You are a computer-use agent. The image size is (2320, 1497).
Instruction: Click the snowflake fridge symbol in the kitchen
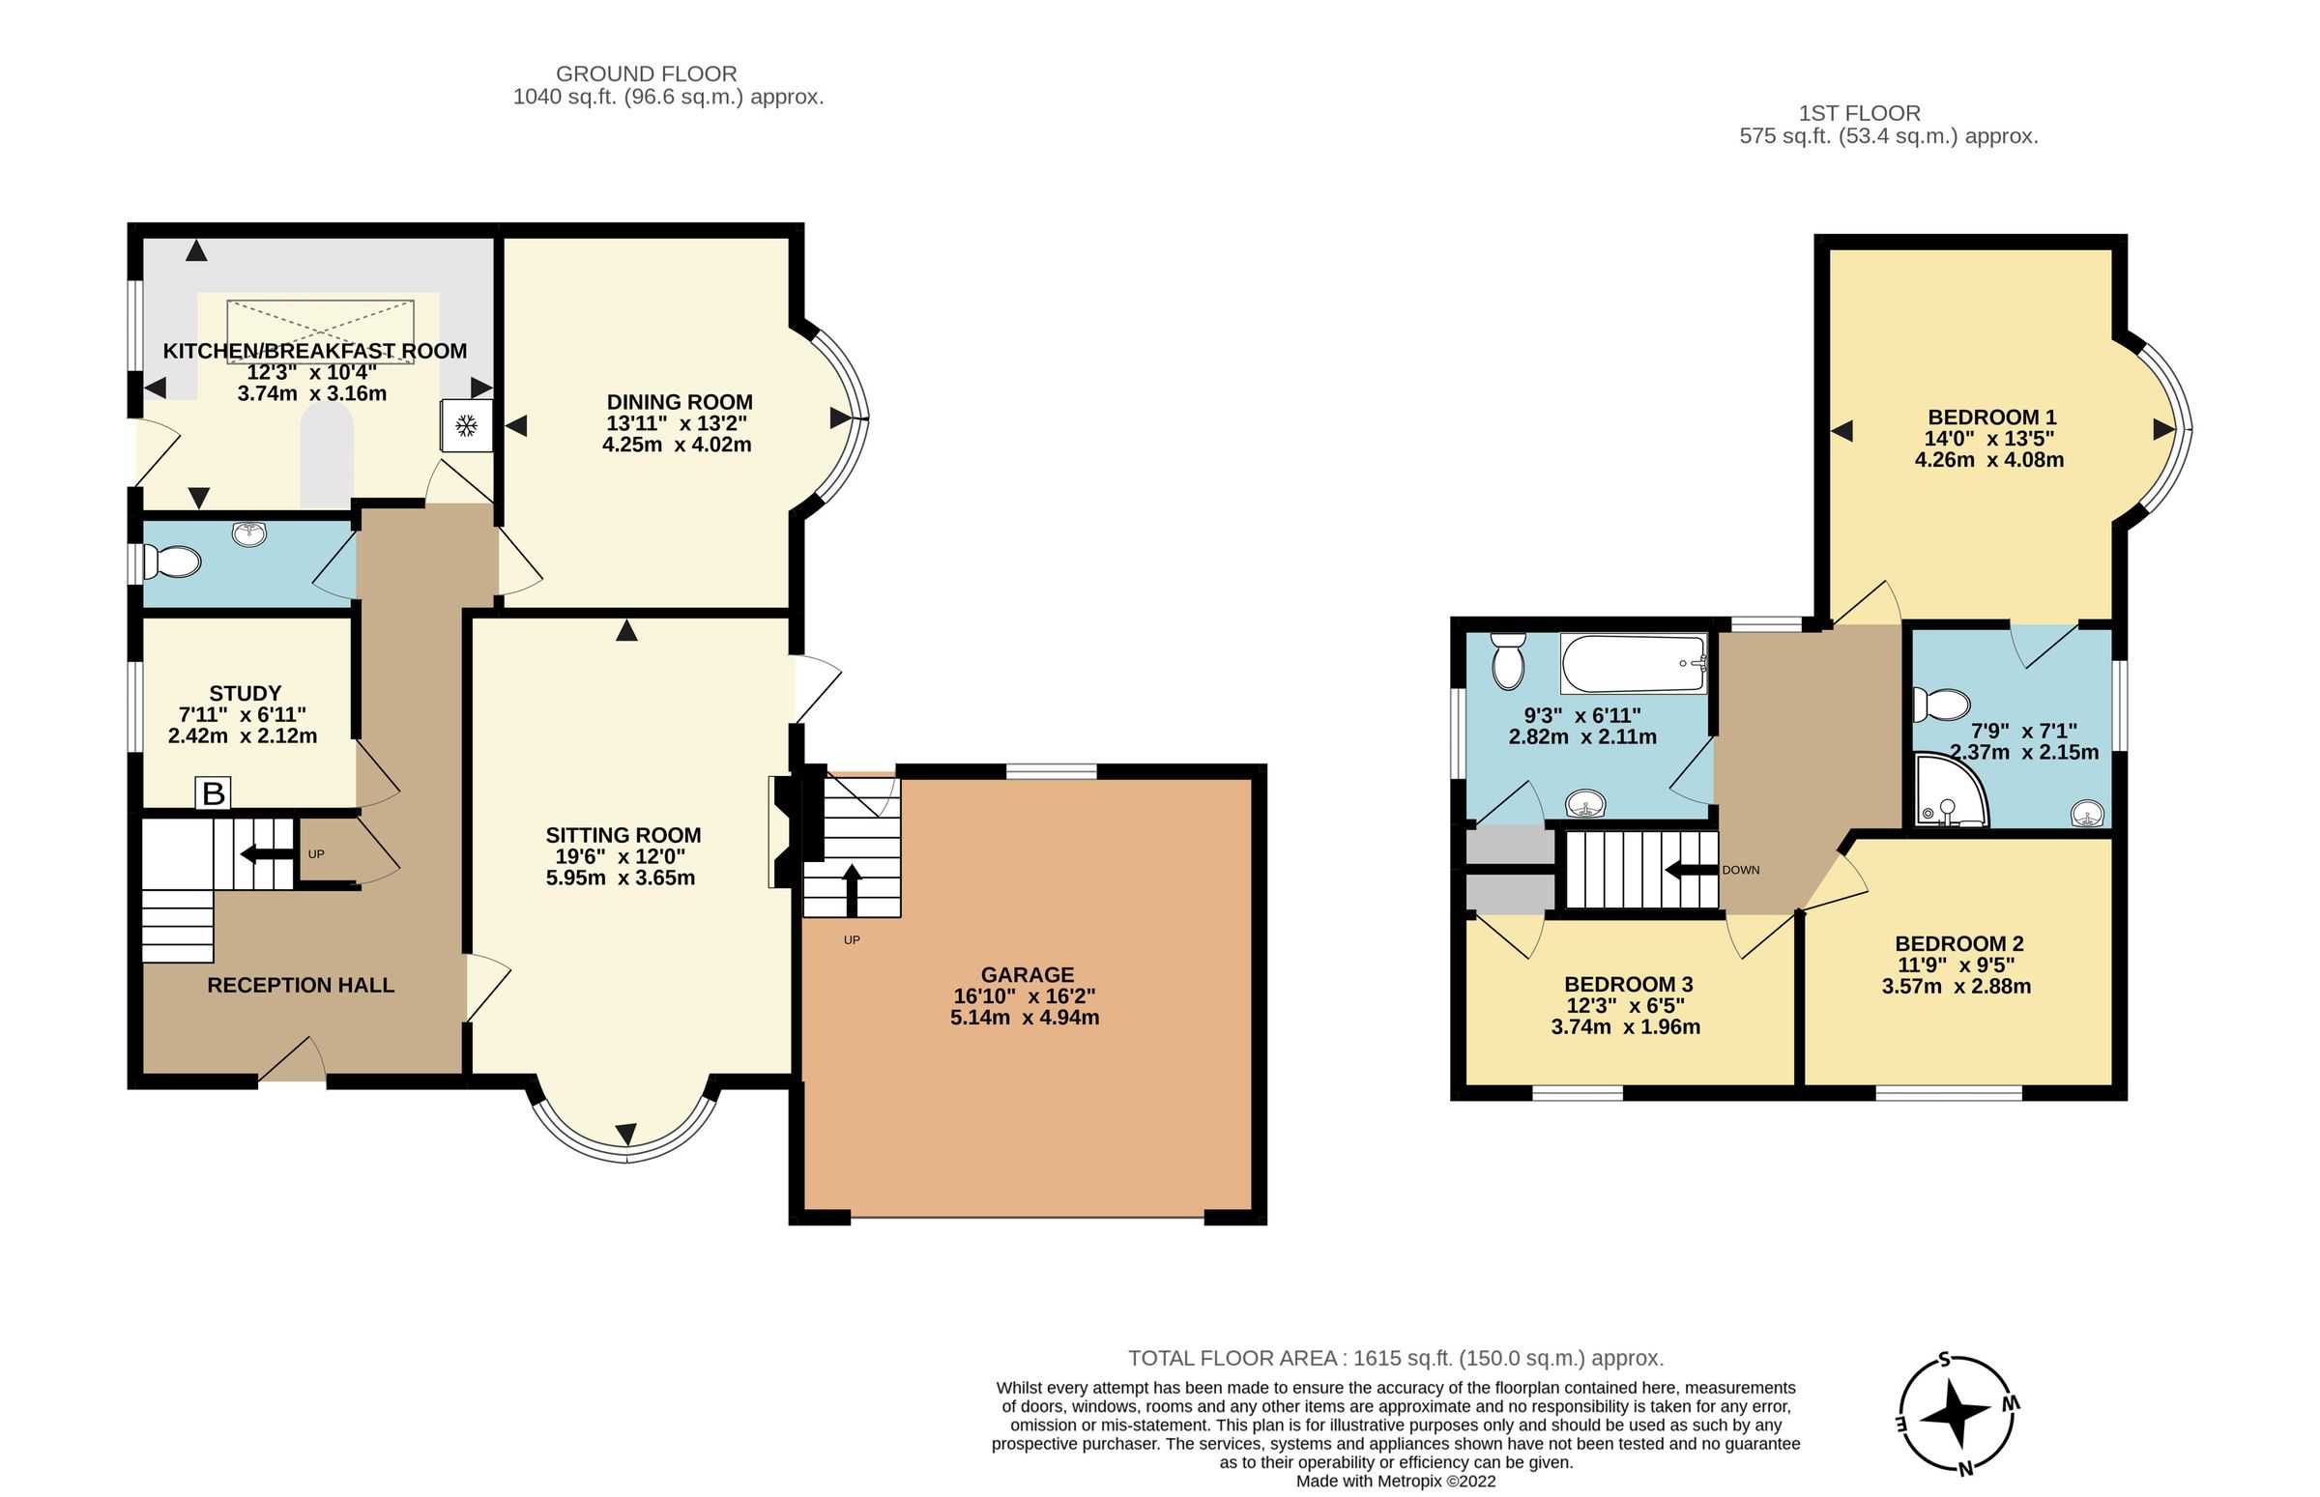467,425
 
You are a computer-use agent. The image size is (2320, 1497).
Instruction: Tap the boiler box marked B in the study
213,793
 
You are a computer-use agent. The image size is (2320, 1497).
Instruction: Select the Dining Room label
679,401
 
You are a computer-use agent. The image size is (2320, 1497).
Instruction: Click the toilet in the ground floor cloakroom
172,561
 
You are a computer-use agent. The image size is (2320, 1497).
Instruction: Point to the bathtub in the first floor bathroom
1634,663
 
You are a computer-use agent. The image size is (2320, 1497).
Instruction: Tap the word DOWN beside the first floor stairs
1741,870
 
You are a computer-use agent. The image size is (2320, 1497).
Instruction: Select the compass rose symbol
1957,1415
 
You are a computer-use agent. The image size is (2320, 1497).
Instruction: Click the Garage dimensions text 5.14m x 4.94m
1024,1018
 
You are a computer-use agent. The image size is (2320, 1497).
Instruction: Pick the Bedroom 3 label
1629,984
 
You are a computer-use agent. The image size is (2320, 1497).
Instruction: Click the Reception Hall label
301,985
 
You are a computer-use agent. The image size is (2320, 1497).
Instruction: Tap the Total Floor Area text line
1395,1358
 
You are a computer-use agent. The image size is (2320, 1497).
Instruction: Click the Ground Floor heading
646,73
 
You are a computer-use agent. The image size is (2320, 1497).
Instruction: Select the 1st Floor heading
1859,114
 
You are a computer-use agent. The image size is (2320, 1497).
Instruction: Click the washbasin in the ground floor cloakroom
251,533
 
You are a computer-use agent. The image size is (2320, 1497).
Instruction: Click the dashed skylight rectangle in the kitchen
320,331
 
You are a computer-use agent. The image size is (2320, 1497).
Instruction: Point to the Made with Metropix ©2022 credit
1395,1482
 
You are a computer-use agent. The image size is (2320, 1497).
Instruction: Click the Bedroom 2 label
1959,943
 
